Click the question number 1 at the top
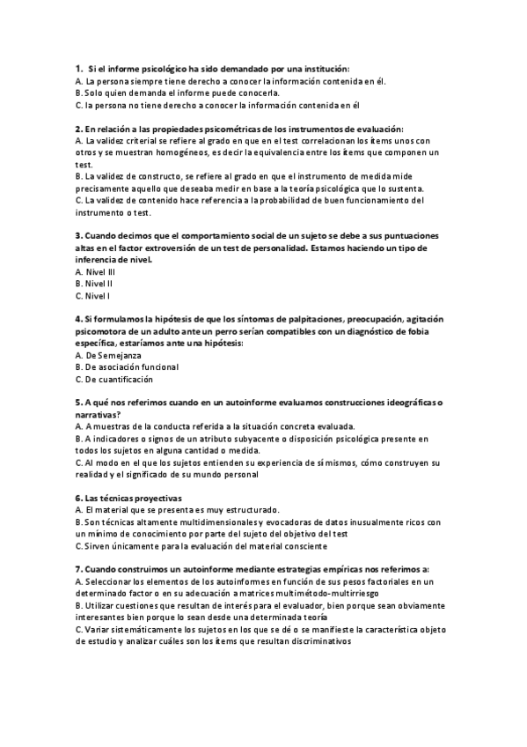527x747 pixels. pos(78,68)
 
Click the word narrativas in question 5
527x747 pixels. pos(98,414)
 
